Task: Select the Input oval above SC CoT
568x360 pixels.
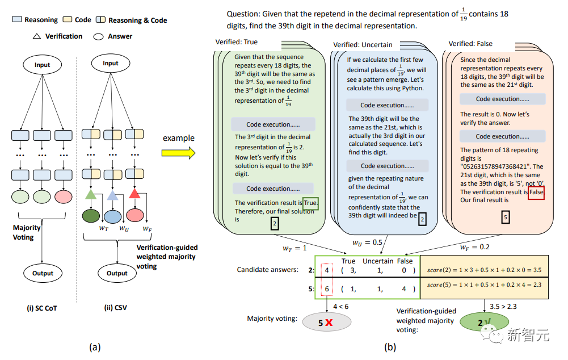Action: [x=43, y=65]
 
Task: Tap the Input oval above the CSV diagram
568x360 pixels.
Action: [x=111, y=63]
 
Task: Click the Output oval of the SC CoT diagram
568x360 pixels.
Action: [x=43, y=273]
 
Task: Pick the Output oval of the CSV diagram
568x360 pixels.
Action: [x=117, y=273]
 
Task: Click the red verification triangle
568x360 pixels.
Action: [x=134, y=195]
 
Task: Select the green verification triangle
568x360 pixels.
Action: [x=90, y=195]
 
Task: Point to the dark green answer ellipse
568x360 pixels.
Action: [x=90, y=216]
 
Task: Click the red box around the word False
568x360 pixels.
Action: [x=536, y=192]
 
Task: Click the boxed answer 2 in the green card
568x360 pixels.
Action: [x=274, y=225]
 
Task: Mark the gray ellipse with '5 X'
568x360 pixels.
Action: [x=326, y=322]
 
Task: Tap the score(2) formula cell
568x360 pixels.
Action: [x=484, y=269]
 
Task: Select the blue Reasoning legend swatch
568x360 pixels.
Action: [x=17, y=20]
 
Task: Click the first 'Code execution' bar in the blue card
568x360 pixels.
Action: [x=383, y=106]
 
